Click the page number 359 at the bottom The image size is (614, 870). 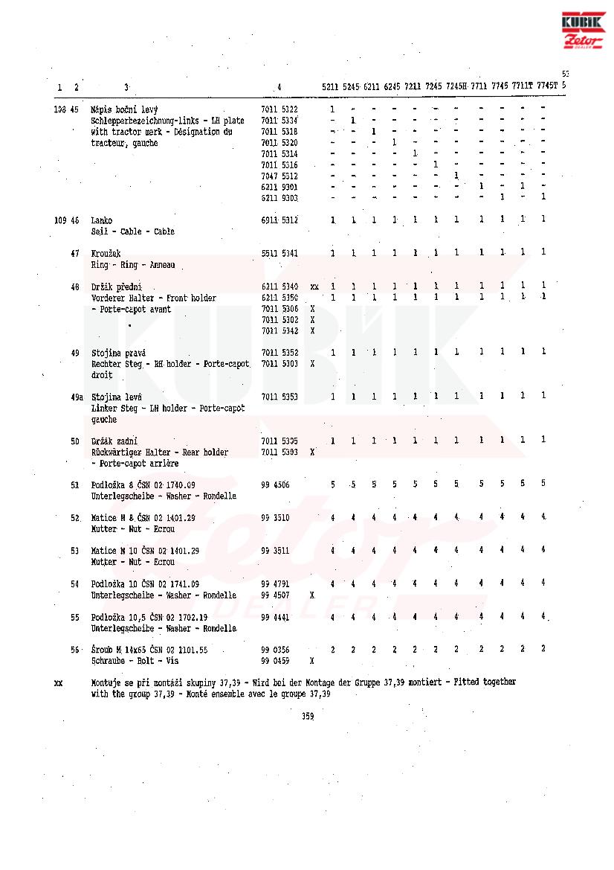(308, 717)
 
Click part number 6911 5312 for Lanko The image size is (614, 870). (279, 220)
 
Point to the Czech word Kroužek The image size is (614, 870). (106, 254)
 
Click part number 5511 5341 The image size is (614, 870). (279, 254)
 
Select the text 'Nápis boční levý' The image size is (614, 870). (124, 109)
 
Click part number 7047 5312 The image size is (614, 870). (279, 176)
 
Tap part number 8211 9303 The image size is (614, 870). (279, 198)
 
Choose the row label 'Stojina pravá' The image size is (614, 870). (118, 352)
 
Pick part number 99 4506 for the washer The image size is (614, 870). (275, 484)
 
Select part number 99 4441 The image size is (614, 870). (275, 617)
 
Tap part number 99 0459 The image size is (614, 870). (275, 661)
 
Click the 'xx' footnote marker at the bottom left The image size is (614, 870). (58, 682)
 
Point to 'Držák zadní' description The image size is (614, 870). (114, 441)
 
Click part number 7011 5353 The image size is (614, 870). (279, 397)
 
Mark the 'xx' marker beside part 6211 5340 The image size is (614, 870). (314, 287)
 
